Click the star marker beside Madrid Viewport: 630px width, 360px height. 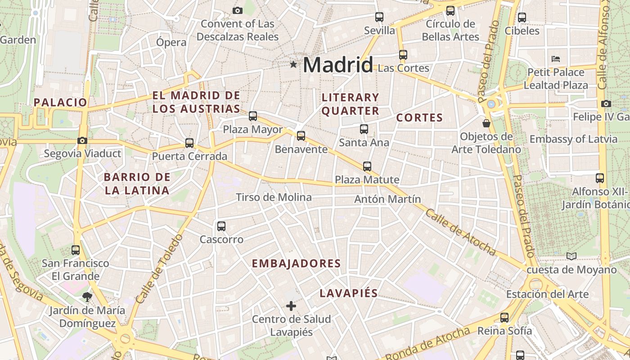click(293, 65)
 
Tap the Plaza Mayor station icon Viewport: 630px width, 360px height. click(253, 116)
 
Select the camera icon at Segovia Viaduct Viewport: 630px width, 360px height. click(82, 140)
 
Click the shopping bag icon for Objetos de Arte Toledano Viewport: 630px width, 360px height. click(486, 123)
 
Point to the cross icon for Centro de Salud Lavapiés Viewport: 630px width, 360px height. click(291, 306)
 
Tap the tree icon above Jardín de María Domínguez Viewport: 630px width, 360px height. click(87, 297)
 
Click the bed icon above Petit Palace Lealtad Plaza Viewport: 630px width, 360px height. click(556, 59)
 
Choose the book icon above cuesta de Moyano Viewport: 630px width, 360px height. click(571, 256)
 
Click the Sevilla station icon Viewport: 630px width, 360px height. click(379, 17)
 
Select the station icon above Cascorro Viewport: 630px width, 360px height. click(221, 226)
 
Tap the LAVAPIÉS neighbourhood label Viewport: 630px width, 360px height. click(348, 293)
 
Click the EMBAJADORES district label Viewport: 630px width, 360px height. click(296, 263)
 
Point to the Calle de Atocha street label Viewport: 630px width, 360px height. click(460, 232)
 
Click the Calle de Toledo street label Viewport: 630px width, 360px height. click(158, 269)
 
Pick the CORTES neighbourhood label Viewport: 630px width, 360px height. click(419, 118)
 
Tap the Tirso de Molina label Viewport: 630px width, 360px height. click(274, 197)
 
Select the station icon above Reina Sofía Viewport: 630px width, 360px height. click(504, 318)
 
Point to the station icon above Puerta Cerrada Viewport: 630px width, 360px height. click(189, 143)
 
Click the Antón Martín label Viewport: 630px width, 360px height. click(387, 198)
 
